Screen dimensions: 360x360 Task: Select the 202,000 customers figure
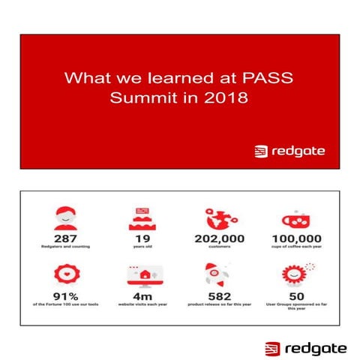(x=220, y=239)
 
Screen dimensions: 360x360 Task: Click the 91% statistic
(x=65, y=296)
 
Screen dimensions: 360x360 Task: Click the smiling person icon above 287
(x=65, y=217)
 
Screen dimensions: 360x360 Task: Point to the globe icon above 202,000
(x=220, y=217)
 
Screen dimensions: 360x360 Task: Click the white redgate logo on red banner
(x=289, y=151)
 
